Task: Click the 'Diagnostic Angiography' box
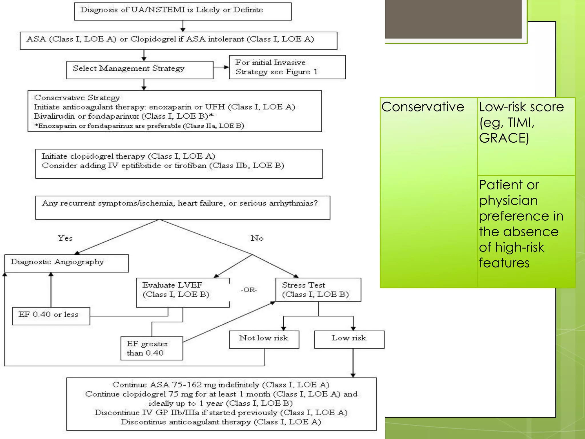pos(67,263)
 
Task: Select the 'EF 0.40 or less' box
pos(51,316)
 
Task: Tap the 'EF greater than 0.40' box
pos(152,348)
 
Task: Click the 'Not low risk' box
pos(264,340)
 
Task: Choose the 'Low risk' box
pos(349,340)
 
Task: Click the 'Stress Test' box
pos(318,290)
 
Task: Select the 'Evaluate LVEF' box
pos(183,293)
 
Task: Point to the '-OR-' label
pos(249,290)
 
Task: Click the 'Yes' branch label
pos(65,238)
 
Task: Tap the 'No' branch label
pos(257,238)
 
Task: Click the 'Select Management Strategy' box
pos(140,70)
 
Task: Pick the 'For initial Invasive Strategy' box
pos(287,67)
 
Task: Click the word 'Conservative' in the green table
pos(423,107)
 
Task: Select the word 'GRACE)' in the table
pos(504,138)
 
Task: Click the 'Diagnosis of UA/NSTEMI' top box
pos(183,11)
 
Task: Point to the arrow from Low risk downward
pos(353,363)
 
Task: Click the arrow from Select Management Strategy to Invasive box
pos(221,67)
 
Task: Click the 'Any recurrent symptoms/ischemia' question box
pos(183,207)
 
